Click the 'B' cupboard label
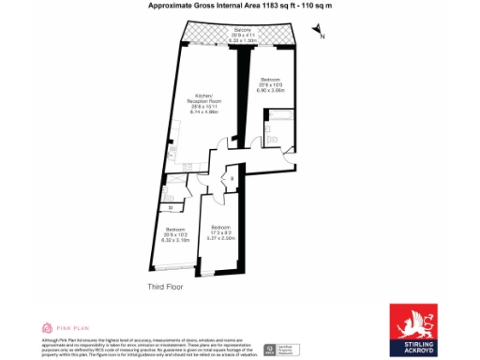click(x=232, y=178)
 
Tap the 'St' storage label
click(x=171, y=207)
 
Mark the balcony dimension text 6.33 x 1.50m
click(x=243, y=41)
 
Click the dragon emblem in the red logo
click(x=412, y=322)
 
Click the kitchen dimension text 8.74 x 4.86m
click(x=204, y=111)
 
